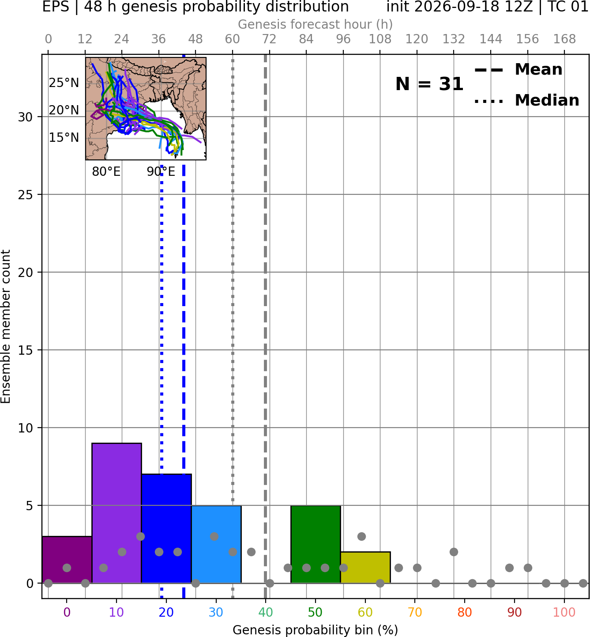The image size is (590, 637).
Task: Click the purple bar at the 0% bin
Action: (x=67, y=560)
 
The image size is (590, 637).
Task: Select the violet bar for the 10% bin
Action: (x=116, y=513)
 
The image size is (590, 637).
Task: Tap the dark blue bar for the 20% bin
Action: (x=167, y=529)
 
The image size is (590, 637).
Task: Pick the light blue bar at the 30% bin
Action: (x=216, y=544)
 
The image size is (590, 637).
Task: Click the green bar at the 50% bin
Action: (x=316, y=544)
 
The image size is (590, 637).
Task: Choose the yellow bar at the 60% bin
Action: (x=365, y=567)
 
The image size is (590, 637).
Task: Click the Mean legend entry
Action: (x=519, y=70)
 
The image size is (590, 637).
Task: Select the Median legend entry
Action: (x=527, y=100)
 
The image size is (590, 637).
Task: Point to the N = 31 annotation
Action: (x=429, y=84)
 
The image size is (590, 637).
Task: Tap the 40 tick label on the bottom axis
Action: (x=266, y=612)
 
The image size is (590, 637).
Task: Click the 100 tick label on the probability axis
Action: (x=564, y=612)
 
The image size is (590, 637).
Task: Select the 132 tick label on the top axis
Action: (x=454, y=39)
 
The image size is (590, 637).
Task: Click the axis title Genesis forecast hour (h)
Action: (x=316, y=24)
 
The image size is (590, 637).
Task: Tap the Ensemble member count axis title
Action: (x=6, y=326)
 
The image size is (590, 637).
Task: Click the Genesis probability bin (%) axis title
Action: (x=316, y=630)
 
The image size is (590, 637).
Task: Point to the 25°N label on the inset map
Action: (x=64, y=83)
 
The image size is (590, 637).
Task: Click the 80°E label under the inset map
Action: (x=106, y=171)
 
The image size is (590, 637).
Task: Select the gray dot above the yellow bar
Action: (x=361, y=536)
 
